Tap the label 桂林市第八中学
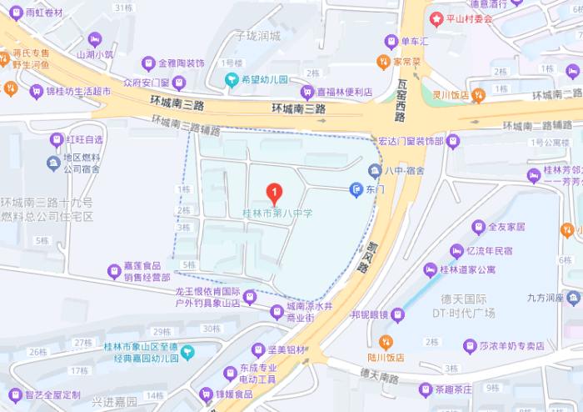tap(277, 214)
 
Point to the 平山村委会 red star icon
tap(435, 18)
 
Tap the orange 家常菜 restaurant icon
tap(383, 61)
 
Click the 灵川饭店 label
tap(448, 94)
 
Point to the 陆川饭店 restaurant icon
tap(385, 342)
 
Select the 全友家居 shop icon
tap(478, 226)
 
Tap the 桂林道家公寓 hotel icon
tap(431, 269)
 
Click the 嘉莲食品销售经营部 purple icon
tap(115, 270)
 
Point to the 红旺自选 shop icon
tap(57, 139)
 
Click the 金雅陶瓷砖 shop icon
tap(149, 63)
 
